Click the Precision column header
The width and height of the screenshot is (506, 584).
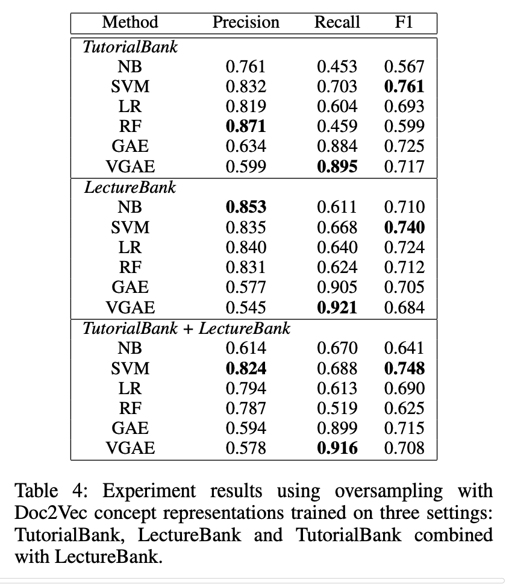tap(246, 23)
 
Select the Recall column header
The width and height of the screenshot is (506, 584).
tap(337, 23)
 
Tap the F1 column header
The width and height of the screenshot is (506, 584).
tap(404, 23)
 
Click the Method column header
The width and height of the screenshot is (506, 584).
tap(130, 23)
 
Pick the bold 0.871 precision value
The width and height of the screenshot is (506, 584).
tap(246, 127)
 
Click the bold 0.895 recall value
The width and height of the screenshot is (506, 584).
tap(337, 167)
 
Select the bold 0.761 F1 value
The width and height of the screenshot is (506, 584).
tap(404, 87)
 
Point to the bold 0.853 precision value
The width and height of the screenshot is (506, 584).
tap(246, 207)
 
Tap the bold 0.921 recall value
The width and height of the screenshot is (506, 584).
tap(337, 308)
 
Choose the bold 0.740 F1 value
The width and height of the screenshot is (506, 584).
tap(404, 227)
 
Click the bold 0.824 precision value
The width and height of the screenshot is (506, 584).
tap(246, 368)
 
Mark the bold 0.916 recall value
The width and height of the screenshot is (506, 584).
tap(337, 448)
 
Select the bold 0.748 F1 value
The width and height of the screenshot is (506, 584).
tap(404, 368)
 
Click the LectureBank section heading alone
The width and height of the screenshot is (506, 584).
tap(130, 187)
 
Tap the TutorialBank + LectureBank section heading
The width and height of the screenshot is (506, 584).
tap(186, 328)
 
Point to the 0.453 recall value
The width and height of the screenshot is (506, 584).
tap(337, 67)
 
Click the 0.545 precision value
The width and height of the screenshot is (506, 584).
tap(246, 308)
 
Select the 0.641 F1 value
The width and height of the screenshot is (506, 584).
tap(404, 348)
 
